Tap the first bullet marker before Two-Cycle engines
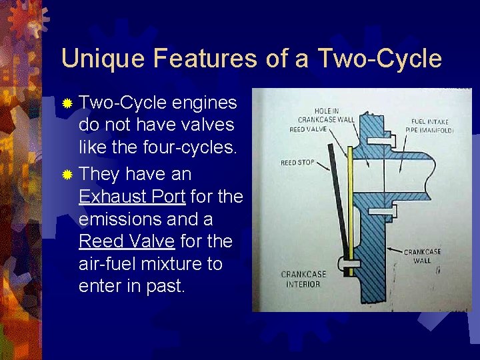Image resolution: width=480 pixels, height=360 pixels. [67, 103]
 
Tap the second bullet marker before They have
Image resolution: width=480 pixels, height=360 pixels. [67, 175]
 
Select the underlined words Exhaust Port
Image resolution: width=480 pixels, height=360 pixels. [132, 197]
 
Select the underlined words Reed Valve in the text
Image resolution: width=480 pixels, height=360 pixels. [127, 241]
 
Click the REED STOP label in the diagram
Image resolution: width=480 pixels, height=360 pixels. [297, 163]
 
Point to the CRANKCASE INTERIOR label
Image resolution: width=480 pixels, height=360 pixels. [304, 279]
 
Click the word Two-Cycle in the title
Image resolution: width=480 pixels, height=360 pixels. [379, 59]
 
